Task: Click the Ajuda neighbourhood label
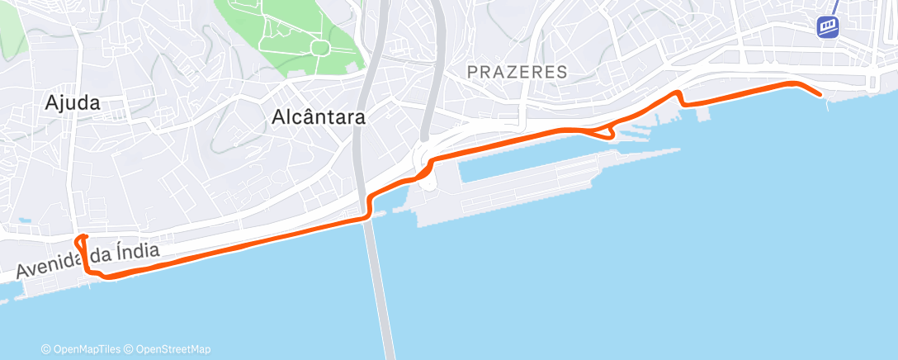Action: (73, 103)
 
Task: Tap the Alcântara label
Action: (318, 118)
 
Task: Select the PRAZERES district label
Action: (517, 72)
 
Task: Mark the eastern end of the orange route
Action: (820, 95)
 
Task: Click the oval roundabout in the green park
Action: (319, 48)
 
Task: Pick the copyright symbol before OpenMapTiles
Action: (46, 349)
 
